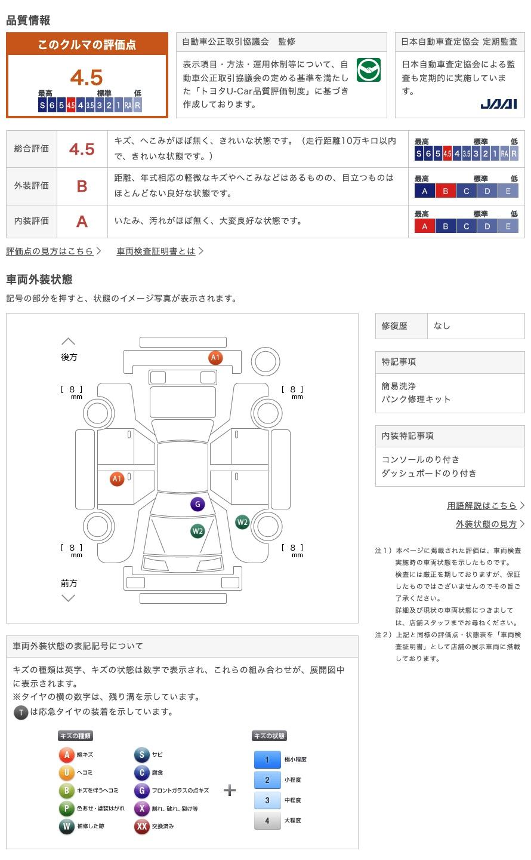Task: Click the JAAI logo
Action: click(498, 104)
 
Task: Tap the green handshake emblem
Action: click(368, 70)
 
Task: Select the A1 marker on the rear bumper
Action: click(215, 357)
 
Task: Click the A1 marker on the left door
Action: click(117, 479)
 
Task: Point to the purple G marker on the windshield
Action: click(197, 504)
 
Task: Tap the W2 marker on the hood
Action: click(197, 531)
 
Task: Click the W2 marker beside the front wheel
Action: click(242, 522)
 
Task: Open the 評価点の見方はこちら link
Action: click(50, 251)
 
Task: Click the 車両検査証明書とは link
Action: click(156, 251)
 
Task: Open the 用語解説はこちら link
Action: click(482, 506)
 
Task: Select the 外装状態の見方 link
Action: click(486, 524)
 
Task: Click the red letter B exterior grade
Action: click(82, 186)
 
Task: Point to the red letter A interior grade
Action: click(82, 222)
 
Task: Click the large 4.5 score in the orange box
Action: click(87, 77)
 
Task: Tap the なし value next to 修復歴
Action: click(442, 326)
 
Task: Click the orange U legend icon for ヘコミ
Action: click(66, 772)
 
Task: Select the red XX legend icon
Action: click(142, 826)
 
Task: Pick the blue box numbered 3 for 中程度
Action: click(267, 800)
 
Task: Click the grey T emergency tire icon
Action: click(21, 712)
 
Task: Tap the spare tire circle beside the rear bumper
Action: click(265, 362)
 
